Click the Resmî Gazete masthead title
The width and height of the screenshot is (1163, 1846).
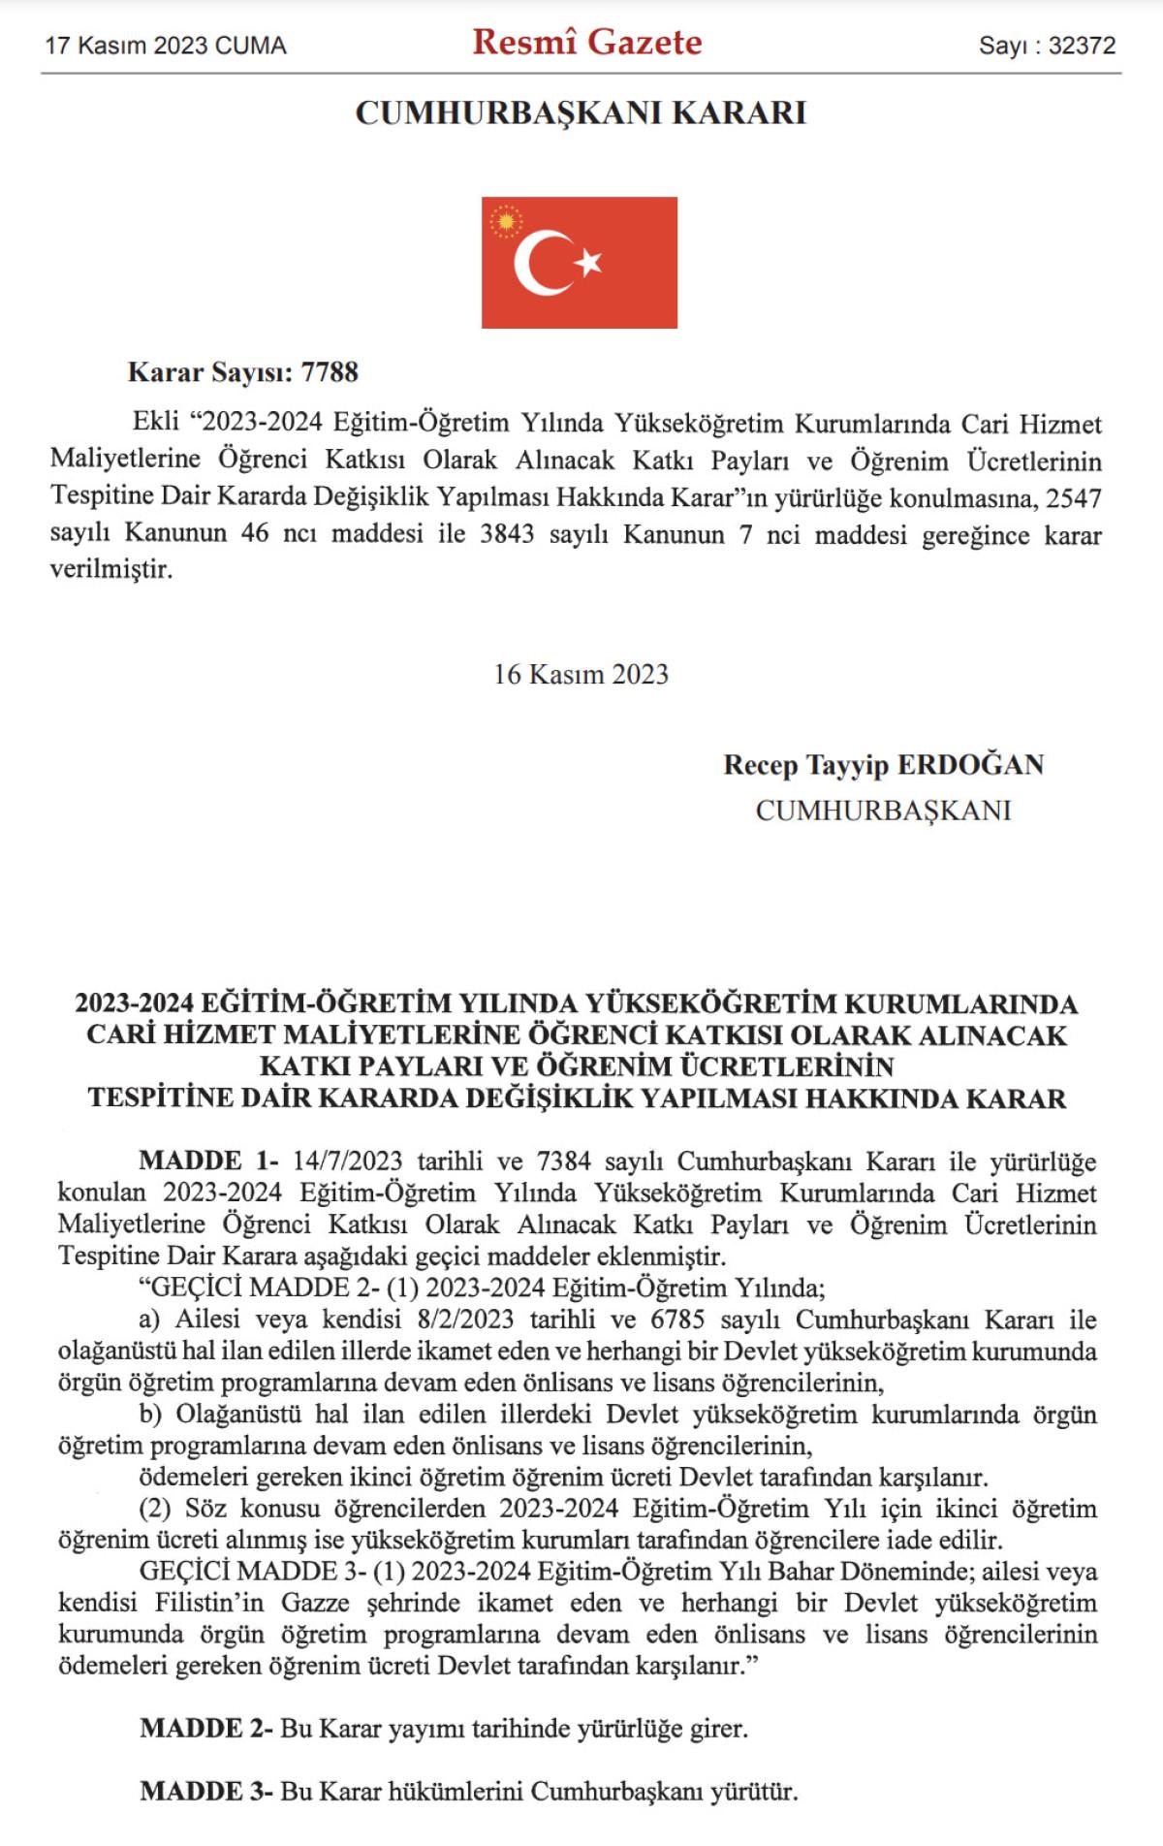tap(587, 43)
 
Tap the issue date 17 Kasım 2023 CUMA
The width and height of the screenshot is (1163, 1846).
tap(166, 46)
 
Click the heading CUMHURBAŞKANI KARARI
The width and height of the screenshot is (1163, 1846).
tap(581, 113)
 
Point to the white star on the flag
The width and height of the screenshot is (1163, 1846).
tap(588, 261)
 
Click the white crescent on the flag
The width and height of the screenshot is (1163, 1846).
tap(540, 263)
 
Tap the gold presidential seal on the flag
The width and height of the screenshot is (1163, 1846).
tap(505, 222)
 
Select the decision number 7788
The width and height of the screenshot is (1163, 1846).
tap(330, 372)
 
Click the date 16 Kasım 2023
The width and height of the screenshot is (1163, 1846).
tap(581, 675)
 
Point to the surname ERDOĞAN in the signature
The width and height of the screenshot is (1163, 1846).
tap(971, 765)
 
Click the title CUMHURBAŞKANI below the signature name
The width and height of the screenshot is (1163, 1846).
tap(883, 811)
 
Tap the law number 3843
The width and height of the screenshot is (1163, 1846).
tap(507, 534)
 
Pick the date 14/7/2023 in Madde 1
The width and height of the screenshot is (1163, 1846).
tap(347, 1161)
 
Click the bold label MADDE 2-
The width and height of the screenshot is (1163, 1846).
tap(206, 1729)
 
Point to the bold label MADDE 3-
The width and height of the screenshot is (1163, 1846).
tap(206, 1791)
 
